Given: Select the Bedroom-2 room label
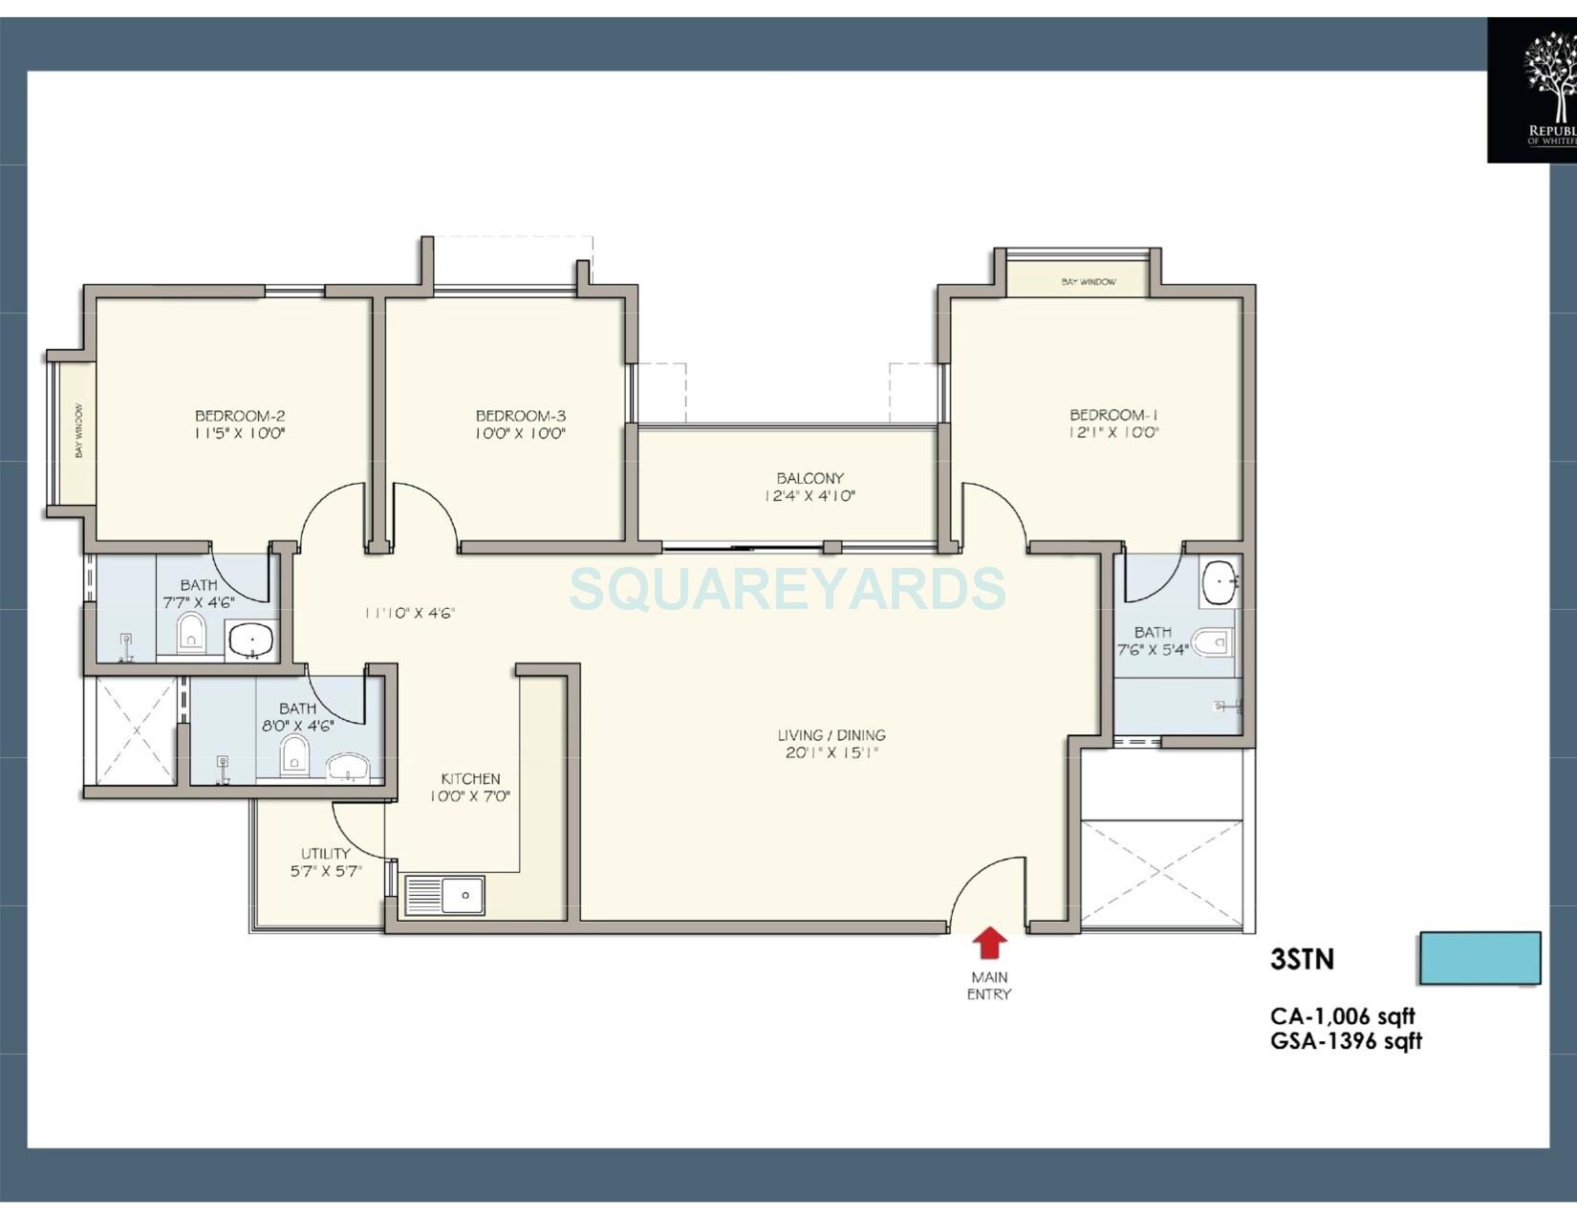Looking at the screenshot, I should pos(240,416).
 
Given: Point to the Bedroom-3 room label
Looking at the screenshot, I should pos(521,416).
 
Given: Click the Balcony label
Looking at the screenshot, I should pos(810,478).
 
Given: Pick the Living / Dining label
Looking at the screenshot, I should pos(832,735).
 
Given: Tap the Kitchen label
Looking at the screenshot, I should pos(470,779).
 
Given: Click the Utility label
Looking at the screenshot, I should pos(326,854).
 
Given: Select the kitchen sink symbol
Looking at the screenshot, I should pos(444,896).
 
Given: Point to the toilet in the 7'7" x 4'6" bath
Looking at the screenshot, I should pos(191,633).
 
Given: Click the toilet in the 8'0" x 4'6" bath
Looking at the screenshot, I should pos(294,756).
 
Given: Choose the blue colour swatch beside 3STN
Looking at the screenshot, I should pos(1480,958).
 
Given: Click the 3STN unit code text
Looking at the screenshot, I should pos(1302,959).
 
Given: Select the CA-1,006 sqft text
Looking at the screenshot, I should pos(1342,1016).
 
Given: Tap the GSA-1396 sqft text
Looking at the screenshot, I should pos(1346,1041).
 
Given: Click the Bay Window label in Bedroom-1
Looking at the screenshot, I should pos(1088,282).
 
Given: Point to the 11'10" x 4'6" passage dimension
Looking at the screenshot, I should pos(409,613).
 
